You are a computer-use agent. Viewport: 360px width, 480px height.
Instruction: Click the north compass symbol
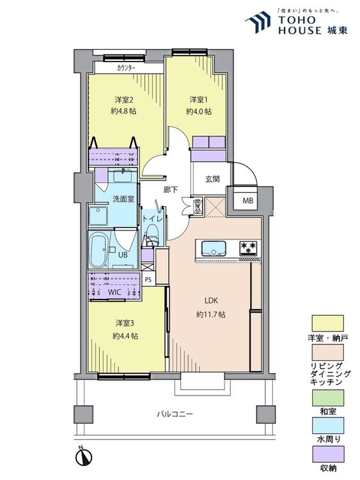coord(84,456)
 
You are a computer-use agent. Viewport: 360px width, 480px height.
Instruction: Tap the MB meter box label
coord(247,201)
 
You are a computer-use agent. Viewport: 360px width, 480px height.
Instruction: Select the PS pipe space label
coord(148,279)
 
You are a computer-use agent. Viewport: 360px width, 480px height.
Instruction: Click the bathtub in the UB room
coord(98,250)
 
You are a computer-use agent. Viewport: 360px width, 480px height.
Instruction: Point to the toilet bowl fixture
coord(152,234)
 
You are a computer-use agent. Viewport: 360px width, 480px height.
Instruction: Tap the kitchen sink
coord(214,248)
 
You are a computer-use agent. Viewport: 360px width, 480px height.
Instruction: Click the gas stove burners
coord(248,247)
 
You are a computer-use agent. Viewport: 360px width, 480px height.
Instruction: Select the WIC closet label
coord(114,292)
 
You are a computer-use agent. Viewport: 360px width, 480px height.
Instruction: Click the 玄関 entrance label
coord(212,179)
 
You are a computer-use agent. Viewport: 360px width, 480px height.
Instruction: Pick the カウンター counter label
coord(126,68)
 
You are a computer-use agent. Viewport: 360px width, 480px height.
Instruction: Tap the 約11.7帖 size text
coord(211,314)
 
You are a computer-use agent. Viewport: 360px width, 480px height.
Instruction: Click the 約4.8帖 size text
coord(123,111)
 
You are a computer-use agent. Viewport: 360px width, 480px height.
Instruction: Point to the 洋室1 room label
coord(199,99)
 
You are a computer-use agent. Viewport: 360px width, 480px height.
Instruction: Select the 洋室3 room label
coord(125,323)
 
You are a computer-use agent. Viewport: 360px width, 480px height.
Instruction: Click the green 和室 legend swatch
coord(328,397)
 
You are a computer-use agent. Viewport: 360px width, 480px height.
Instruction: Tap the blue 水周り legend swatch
coord(328,426)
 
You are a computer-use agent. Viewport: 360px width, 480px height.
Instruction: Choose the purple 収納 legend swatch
coord(328,454)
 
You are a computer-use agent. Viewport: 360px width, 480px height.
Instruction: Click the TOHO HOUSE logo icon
coord(258,22)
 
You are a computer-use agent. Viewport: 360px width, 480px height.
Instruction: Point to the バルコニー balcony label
coord(175,414)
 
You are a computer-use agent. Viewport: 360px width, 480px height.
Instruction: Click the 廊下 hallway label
coord(170,190)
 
